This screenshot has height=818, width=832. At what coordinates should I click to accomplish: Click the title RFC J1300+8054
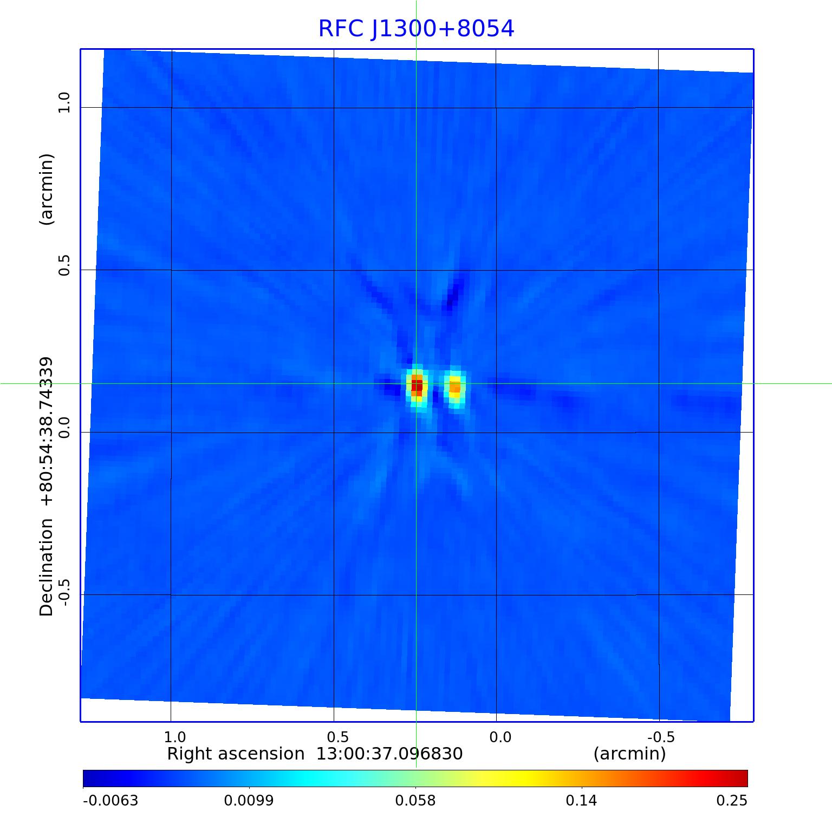coord(416,29)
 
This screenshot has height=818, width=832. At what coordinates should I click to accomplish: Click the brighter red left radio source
coord(417,386)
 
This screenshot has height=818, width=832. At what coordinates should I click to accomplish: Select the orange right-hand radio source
coord(455,387)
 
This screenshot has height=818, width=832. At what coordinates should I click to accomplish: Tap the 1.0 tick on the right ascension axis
coord(174,737)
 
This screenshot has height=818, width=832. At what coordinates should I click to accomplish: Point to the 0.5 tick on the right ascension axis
coord(337,737)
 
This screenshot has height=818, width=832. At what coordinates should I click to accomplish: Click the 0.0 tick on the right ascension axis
coord(500,737)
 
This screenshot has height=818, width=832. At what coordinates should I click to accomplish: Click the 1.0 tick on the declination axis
coord(64,102)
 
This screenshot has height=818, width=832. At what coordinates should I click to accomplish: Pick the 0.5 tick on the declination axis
coord(64,265)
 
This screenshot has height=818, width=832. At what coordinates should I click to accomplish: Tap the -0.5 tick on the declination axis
coord(64,592)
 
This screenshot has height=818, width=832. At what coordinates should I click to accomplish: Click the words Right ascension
coord(236,754)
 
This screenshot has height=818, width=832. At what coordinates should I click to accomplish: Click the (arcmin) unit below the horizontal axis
coord(629,754)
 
